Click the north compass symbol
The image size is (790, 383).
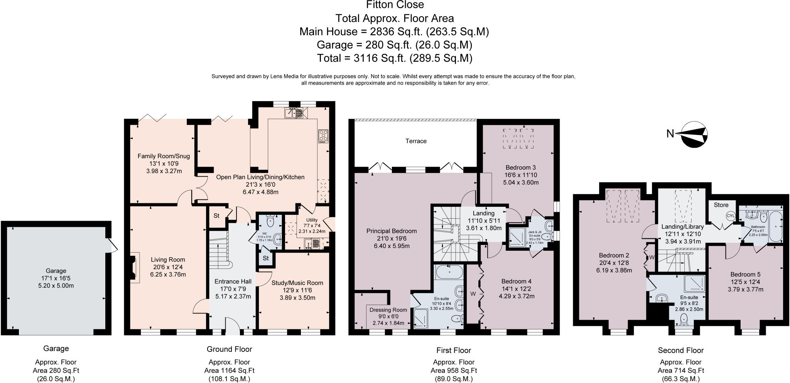694,134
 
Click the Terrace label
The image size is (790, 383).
415,141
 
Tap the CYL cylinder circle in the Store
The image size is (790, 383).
731,216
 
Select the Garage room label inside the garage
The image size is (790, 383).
56,271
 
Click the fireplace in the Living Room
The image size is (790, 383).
133,268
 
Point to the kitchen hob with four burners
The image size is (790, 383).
323,136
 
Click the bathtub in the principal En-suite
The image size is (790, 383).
449,273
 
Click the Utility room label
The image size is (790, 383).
311,220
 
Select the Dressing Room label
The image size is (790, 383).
388,310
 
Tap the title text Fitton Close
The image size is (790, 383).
395,5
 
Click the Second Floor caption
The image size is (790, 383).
680,350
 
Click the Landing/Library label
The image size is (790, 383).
682,227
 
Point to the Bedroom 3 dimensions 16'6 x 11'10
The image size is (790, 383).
521,175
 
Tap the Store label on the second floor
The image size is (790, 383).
721,205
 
